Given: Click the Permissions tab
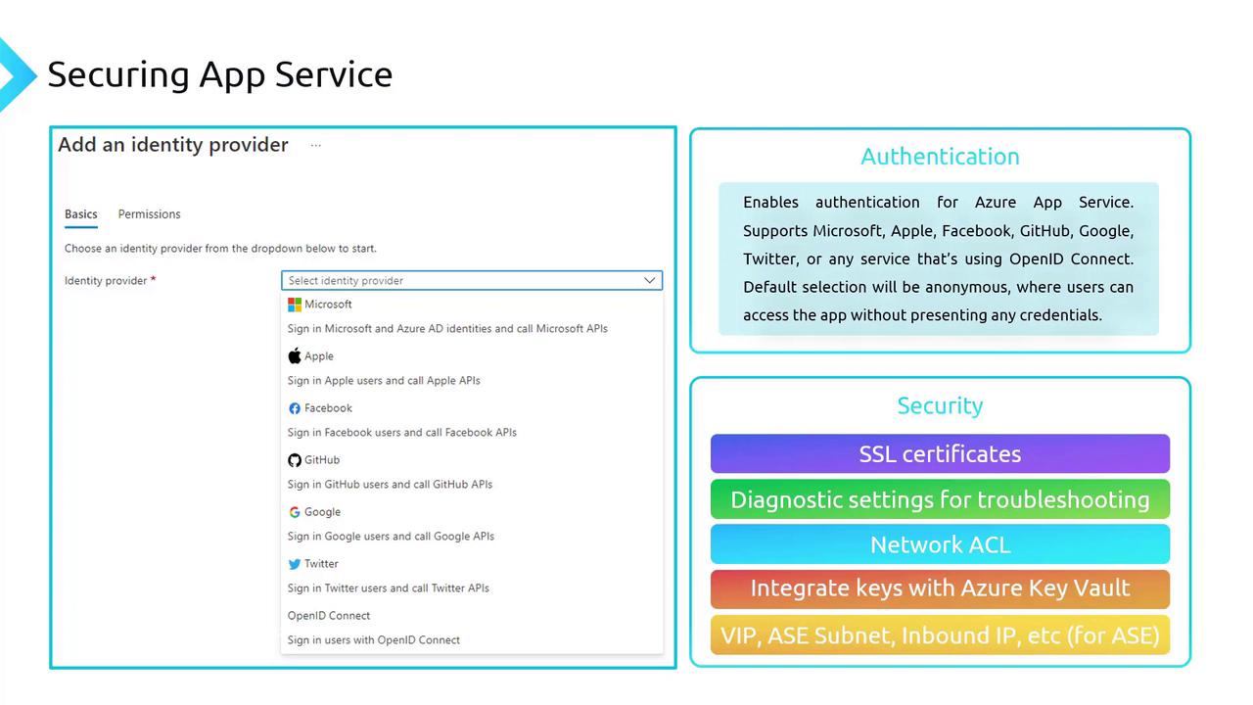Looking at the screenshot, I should click(149, 214).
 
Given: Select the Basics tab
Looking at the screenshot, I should click(81, 214).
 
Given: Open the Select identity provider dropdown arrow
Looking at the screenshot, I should click(649, 281).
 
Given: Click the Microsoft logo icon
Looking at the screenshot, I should click(295, 305).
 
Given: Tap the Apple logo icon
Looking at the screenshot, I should click(295, 356).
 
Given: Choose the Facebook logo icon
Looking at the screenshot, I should click(295, 408).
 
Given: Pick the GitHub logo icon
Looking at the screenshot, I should click(295, 460).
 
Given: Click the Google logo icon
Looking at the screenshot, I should click(295, 512).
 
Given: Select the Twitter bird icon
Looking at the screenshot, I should click(295, 564).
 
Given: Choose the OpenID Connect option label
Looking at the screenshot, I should click(329, 616).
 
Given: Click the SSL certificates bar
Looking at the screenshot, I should click(940, 454).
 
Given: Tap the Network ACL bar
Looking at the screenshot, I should click(940, 544).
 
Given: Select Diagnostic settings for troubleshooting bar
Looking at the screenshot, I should click(940, 499).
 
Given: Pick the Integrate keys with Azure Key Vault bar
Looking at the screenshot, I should click(940, 588).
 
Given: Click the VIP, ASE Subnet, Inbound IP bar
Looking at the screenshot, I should click(940, 635).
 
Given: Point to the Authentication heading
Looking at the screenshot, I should click(940, 157).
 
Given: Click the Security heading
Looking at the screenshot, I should click(940, 405).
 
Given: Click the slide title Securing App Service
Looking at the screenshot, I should click(220, 74).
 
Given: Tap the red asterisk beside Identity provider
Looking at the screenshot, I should click(153, 280).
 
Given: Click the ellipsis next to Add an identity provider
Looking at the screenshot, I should click(315, 146).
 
